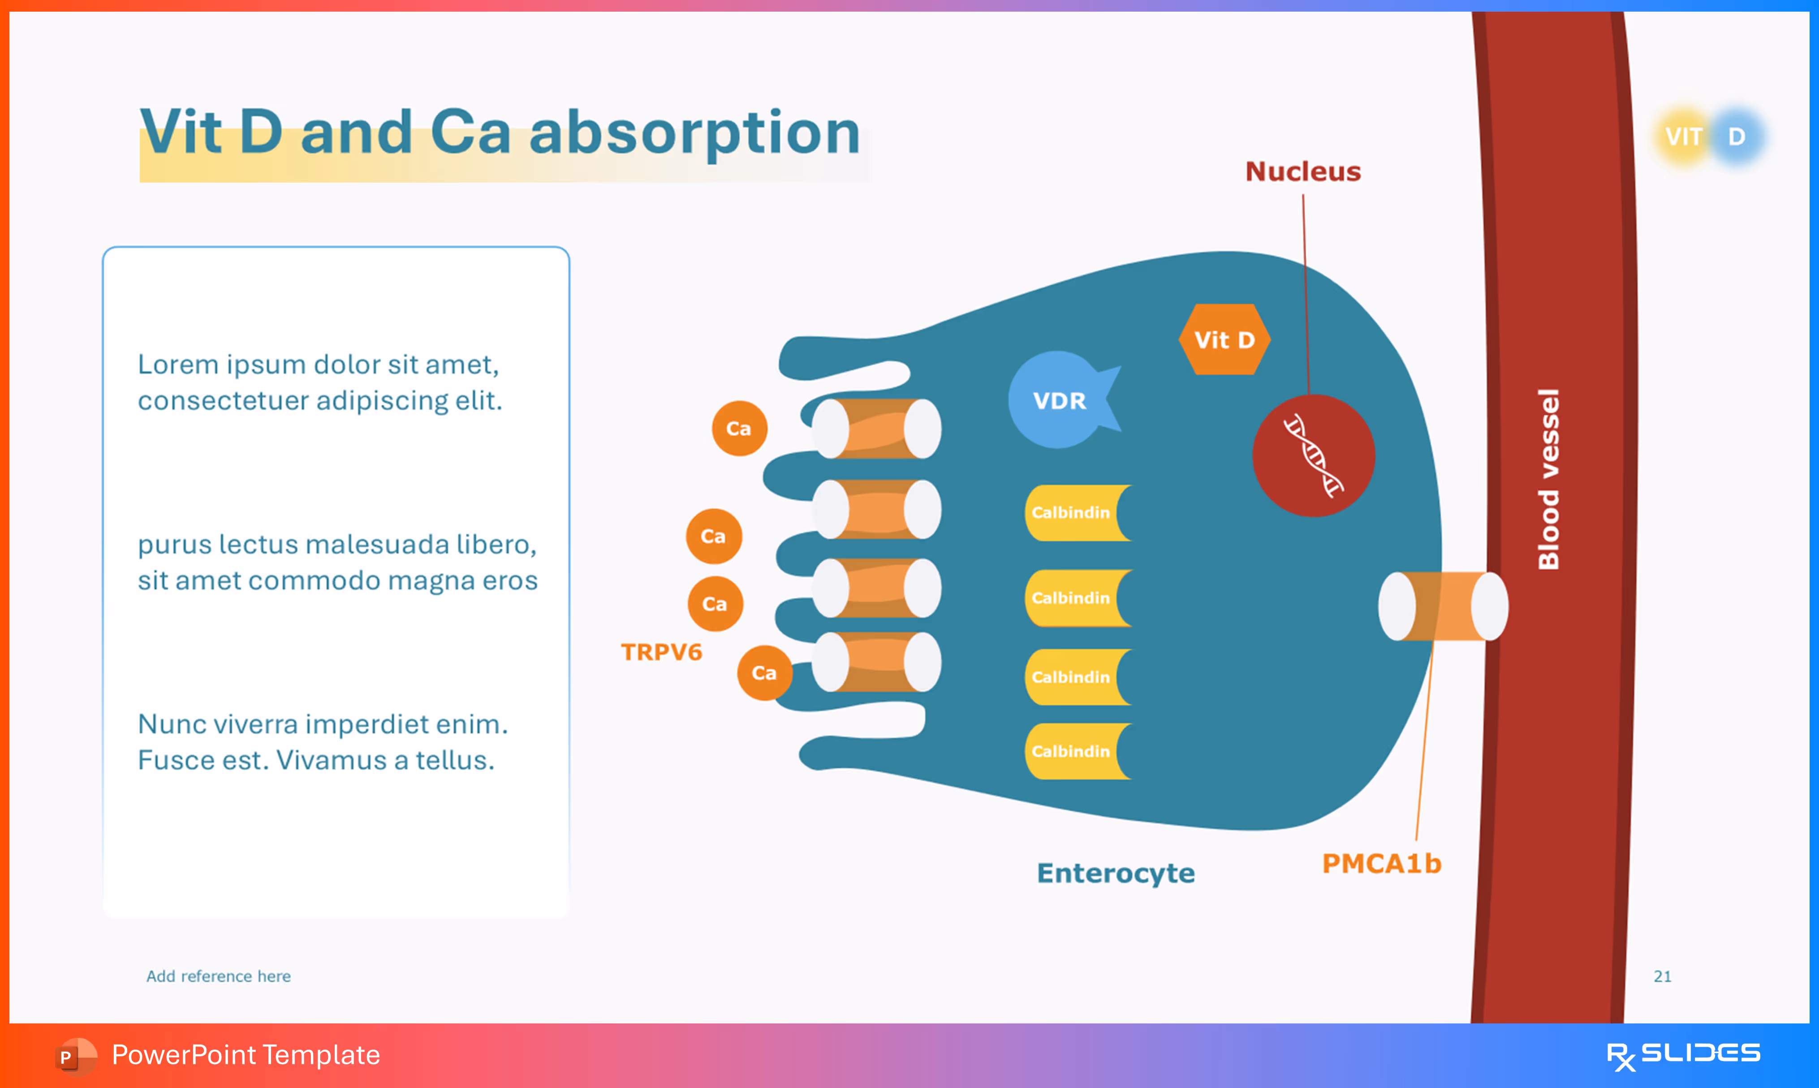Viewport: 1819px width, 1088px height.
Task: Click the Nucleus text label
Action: tap(1302, 171)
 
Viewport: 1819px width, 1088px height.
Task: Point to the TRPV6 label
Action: tap(661, 652)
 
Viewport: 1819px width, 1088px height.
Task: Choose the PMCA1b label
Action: tap(1381, 864)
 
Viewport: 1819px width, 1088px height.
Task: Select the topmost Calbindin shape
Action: tap(1075, 513)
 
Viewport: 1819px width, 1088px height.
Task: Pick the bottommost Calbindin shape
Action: tap(1075, 751)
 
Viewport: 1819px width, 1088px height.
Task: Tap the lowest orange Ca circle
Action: tap(764, 673)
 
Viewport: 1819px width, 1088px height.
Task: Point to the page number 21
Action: tap(1662, 977)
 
